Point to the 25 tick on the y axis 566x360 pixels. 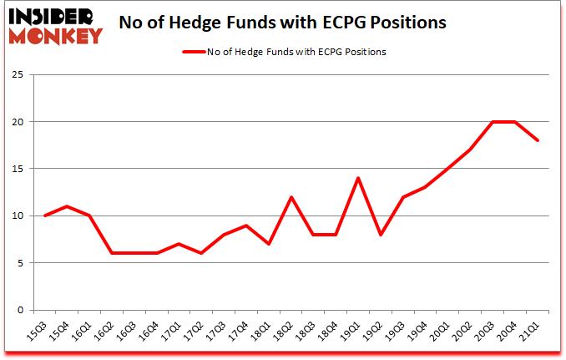coord(18,74)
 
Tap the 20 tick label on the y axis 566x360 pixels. coord(18,122)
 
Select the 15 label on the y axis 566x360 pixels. coord(18,169)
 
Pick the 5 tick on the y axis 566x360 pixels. coord(20,263)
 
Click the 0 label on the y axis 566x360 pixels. coord(20,310)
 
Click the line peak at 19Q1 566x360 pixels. coord(357,178)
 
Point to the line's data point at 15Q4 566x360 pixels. coord(68,206)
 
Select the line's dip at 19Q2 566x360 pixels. coord(380,235)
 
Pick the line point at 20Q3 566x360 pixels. coord(493,122)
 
